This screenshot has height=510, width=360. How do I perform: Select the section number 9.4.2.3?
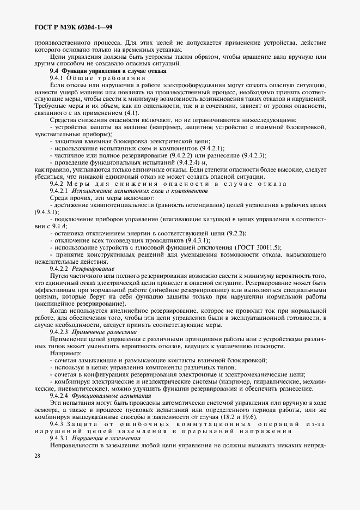tap(58, 332)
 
